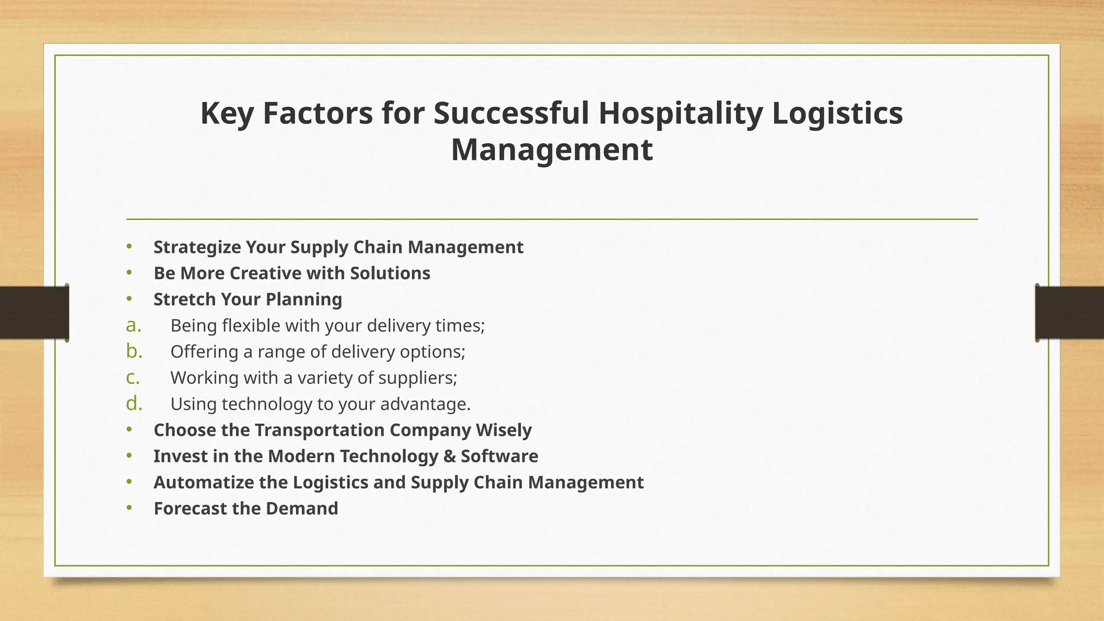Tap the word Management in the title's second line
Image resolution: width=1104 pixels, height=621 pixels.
[551, 150]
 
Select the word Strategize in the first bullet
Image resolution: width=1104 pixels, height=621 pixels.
[197, 247]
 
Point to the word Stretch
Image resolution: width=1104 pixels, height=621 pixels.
[184, 299]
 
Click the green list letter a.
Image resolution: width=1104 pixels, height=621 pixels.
[133, 326]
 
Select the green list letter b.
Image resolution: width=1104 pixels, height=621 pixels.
[134, 351]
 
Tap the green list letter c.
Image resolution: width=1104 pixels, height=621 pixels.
[133, 378]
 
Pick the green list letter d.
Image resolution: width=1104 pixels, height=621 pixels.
[134, 404]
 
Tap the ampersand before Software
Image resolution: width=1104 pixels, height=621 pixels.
[449, 457]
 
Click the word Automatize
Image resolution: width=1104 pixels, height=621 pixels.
[203, 482]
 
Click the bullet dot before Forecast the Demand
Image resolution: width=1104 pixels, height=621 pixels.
[129, 508]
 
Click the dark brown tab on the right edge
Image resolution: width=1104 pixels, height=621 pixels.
[1069, 313]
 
